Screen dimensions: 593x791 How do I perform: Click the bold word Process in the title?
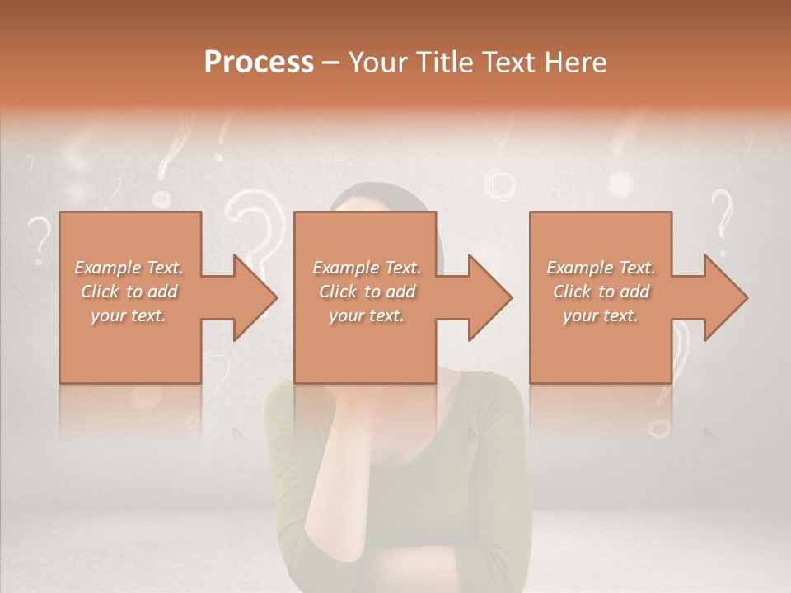(x=259, y=63)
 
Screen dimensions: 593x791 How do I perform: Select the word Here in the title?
(x=573, y=63)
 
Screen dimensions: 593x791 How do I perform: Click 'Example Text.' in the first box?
(x=129, y=268)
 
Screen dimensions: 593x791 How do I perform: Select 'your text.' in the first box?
(x=129, y=315)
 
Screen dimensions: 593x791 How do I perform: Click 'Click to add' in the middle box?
(x=367, y=292)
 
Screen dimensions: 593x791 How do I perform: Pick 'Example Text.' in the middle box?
(x=367, y=268)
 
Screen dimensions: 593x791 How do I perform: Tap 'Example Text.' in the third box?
(x=601, y=268)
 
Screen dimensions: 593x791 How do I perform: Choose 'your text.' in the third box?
(x=601, y=315)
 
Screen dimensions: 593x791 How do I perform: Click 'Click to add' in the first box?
(x=129, y=292)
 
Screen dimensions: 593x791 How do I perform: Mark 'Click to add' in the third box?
(x=601, y=292)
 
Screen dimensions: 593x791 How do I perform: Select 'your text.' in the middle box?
(x=367, y=315)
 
